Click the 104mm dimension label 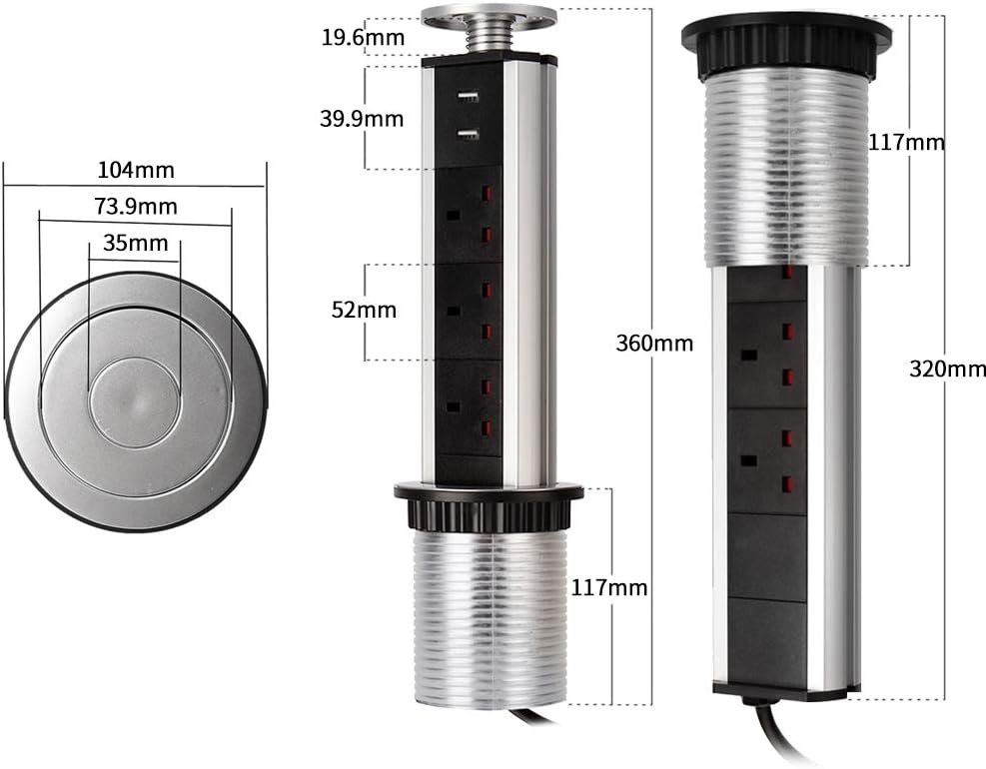point(136,170)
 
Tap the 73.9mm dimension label point(136,207)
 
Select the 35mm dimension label point(135,243)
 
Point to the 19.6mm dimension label point(363,38)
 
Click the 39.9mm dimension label point(362,119)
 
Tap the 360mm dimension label point(654,344)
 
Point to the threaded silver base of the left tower point(489,619)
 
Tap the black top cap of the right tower point(786,40)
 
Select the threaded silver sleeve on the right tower point(784,170)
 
